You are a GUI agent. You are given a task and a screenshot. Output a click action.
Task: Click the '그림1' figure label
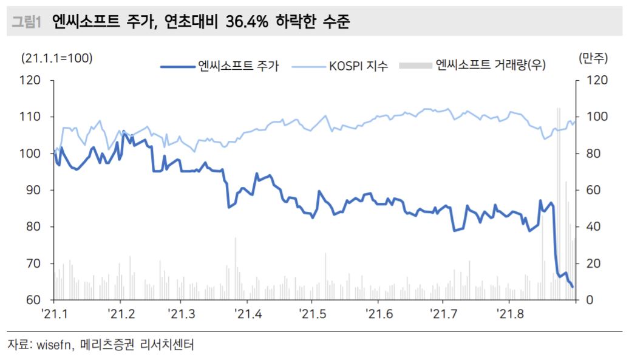25,22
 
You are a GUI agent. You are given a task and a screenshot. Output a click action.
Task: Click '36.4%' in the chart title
250,22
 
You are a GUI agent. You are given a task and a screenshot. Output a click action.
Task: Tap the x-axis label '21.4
245,314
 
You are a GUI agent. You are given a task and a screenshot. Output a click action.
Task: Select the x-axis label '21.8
508,314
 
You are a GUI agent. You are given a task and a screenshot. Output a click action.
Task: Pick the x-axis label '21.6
377,314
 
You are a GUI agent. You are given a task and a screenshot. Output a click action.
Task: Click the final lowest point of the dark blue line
573,287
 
